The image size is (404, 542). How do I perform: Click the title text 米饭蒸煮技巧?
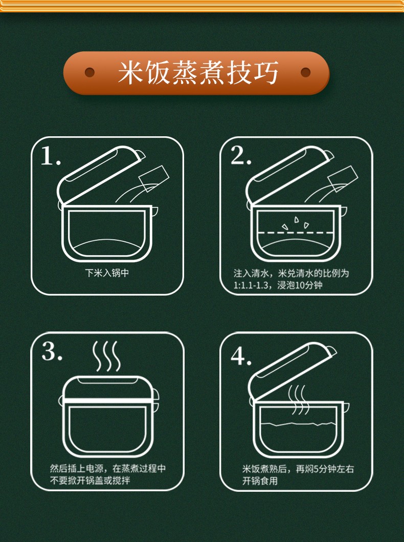pyautogui.click(x=198, y=73)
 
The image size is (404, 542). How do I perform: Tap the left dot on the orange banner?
pyautogui.click(x=89, y=72)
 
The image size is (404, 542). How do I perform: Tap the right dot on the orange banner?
pyautogui.click(x=306, y=72)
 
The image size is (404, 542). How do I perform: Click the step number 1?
pyautogui.click(x=50, y=156)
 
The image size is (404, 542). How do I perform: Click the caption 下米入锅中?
pyautogui.click(x=107, y=273)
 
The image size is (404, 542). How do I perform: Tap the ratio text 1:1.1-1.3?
pyautogui.click(x=251, y=285)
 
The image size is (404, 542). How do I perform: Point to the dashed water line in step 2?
pyautogui.click(x=296, y=233)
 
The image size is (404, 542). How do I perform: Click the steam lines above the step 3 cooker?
pyautogui.click(x=106, y=356)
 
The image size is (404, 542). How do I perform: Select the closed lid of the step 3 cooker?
pyautogui.click(x=107, y=388)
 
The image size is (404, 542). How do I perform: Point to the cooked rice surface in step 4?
pyautogui.click(x=298, y=424)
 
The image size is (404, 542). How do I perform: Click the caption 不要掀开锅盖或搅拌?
pyautogui.click(x=90, y=481)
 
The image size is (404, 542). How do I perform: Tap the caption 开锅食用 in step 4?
pyautogui.click(x=260, y=481)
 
